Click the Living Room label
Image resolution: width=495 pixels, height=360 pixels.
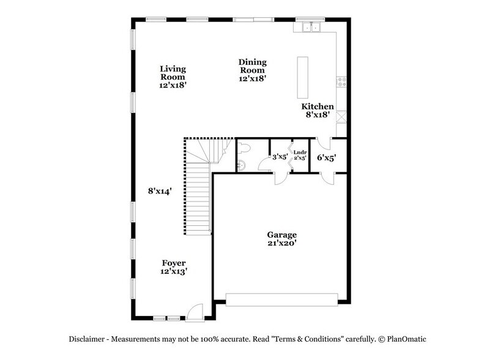click(x=173, y=73)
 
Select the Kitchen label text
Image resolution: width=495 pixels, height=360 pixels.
click(x=318, y=107)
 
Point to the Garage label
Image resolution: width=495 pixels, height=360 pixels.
click(x=281, y=235)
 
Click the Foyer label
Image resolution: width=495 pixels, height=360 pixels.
click(x=174, y=263)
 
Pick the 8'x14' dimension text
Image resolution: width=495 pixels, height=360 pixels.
click(x=159, y=190)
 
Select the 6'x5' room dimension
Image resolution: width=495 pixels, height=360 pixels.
click(x=326, y=157)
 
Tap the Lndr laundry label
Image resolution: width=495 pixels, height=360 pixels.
click(x=300, y=152)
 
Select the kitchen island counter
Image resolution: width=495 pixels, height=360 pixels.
click(x=302, y=77)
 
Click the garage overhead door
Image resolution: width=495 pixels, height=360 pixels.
click(x=281, y=299)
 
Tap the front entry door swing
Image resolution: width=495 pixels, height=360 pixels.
click(x=195, y=312)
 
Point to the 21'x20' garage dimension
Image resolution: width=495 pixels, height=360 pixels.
click(x=281, y=244)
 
